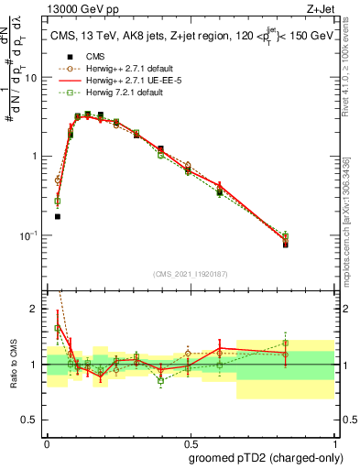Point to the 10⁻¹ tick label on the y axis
coord(30,235)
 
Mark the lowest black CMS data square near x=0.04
coord(58,217)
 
